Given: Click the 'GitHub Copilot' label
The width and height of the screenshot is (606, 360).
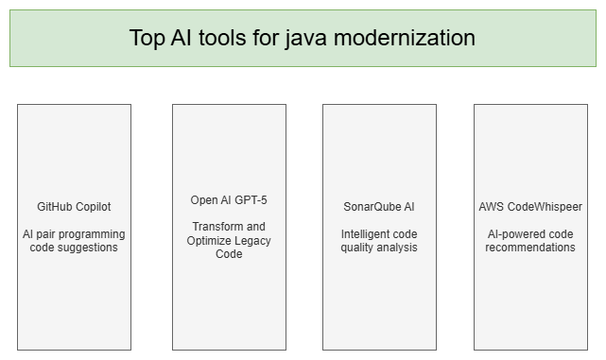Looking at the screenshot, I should click(74, 206).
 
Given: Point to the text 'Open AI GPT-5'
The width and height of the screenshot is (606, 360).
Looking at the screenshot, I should click(229, 199).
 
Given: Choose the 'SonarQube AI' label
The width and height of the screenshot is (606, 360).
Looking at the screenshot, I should click(378, 206).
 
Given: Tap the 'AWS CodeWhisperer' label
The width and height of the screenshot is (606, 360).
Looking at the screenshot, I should click(529, 206).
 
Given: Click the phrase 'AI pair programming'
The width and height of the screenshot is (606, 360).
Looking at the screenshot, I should click(74, 233).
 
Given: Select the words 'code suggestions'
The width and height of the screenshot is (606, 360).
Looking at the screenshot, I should click(74, 248).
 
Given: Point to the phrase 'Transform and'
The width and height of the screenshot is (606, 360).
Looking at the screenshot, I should click(229, 227).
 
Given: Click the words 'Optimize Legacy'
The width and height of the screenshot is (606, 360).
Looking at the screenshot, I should click(229, 240).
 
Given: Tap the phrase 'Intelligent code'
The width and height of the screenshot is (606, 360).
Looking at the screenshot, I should click(378, 233).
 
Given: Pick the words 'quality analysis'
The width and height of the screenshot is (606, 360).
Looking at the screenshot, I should click(378, 248).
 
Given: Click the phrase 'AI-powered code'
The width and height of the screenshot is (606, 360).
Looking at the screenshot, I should click(529, 233).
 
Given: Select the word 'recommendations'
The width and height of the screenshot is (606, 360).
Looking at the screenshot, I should click(529, 248).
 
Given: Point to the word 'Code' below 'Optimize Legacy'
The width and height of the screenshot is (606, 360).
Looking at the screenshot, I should click(229, 254).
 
